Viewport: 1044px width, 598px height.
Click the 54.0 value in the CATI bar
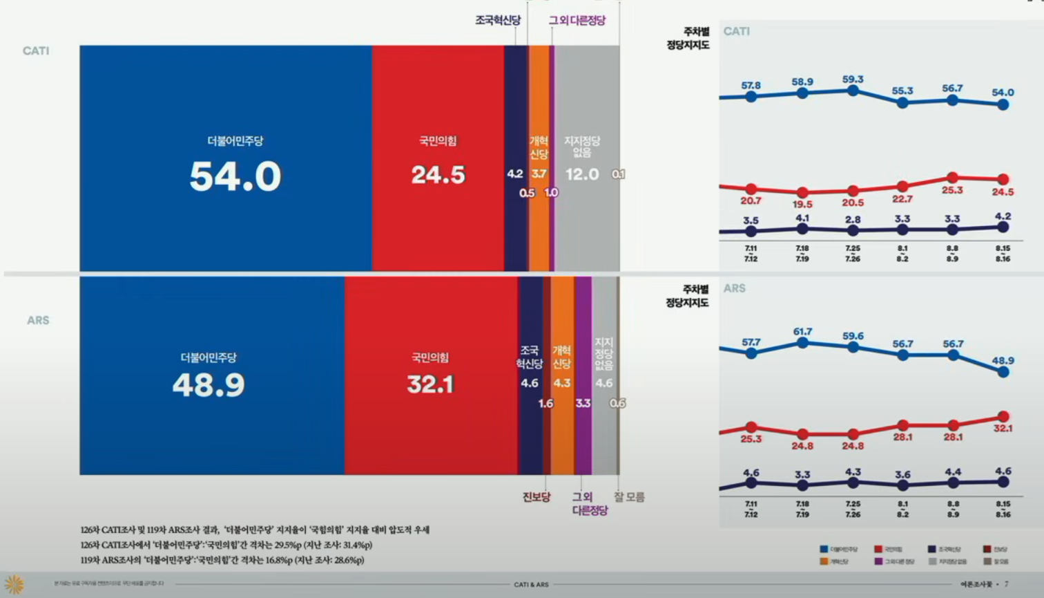tap(235, 176)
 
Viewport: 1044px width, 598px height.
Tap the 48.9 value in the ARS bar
tap(209, 385)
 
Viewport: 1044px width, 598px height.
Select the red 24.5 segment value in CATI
tap(438, 175)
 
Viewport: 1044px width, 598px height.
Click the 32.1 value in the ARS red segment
tap(430, 384)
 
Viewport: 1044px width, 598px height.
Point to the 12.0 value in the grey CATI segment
tap(582, 174)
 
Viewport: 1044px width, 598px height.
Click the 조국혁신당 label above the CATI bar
tap(497, 21)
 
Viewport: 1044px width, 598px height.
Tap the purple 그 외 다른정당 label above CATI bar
tap(577, 21)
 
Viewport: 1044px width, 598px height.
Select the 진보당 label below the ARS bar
tap(536, 497)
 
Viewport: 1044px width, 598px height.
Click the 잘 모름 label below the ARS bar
tap(629, 497)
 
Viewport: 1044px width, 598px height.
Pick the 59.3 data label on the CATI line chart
tap(853, 80)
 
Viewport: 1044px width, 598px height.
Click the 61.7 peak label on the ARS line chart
tap(802, 332)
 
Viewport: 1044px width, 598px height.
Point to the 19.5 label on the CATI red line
tap(802, 205)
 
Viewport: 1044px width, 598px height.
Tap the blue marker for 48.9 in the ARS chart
tap(1003, 372)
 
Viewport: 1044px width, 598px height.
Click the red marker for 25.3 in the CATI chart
tap(953, 178)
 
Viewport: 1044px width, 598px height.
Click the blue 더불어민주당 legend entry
tap(838, 550)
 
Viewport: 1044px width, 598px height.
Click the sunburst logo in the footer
tap(14, 584)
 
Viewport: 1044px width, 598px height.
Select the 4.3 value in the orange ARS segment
tap(562, 383)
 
